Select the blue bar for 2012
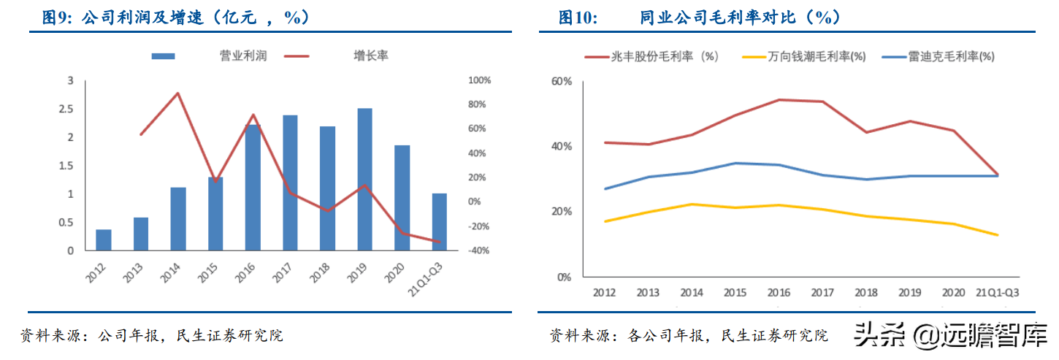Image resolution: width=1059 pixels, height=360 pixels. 104,240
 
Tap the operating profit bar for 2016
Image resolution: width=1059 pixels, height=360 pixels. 253,188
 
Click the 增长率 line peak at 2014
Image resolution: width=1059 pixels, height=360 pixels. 178,93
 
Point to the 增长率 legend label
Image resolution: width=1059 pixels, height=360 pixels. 371,55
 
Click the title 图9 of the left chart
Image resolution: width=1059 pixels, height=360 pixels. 53,18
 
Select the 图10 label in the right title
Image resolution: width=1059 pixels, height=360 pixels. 578,18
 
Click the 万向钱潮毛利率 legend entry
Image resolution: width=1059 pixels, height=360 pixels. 817,56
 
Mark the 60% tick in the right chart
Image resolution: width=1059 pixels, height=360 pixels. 561,81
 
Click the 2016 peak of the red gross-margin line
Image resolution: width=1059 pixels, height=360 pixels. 779,99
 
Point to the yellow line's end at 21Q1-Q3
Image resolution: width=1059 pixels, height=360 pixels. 998,235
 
